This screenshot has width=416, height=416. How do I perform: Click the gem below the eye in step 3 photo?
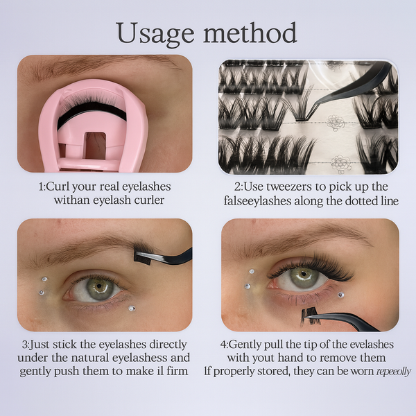pyautogui.click(x=132, y=309)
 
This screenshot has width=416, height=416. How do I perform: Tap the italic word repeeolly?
pyautogui.click(x=393, y=372)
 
